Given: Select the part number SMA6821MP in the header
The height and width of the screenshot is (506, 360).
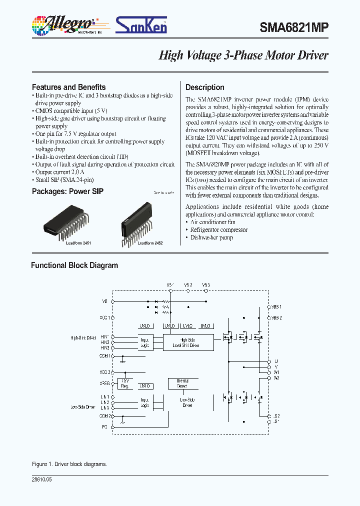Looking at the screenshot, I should pos(294,27).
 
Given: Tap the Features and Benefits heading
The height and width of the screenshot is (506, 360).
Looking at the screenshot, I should pos(68,87).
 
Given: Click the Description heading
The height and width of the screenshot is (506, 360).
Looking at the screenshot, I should pos(204,87).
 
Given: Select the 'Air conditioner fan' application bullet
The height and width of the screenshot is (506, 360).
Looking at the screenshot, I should pos(212,222).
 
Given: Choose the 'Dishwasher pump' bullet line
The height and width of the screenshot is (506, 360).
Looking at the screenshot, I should pos(211,237).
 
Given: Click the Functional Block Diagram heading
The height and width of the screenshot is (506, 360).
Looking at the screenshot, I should pos(74,265).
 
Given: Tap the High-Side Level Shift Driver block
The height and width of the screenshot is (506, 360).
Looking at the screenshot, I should pos(188,341).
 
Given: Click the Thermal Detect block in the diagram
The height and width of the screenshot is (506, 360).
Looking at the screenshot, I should pos(181,383).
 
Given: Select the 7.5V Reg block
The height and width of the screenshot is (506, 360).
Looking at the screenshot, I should pos(125,383).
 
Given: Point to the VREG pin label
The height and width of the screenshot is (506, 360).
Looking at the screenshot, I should pos(104,383).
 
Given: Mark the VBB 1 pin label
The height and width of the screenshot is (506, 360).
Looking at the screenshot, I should pos(276,306).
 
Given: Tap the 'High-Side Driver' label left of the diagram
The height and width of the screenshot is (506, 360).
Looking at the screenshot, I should pos(83,338).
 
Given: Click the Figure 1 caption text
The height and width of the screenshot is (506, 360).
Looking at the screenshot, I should pos(69,464).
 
